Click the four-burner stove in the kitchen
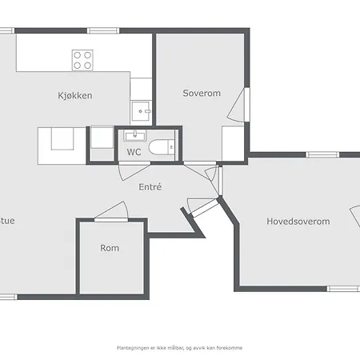coord(83,59)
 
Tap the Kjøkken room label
coord(74,96)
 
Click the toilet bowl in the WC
coord(163,147)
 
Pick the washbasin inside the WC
coord(133,134)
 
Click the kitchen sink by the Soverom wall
coord(142,110)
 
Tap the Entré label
coord(150,187)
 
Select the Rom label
coord(110,248)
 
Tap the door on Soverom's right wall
coord(243,104)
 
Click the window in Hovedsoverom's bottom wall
coord(342,288)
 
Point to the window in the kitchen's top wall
coord(100,30)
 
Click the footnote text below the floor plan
coord(179,348)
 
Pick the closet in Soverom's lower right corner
coord(234,142)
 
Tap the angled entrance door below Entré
coord(201,206)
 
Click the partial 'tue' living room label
coord(7,222)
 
